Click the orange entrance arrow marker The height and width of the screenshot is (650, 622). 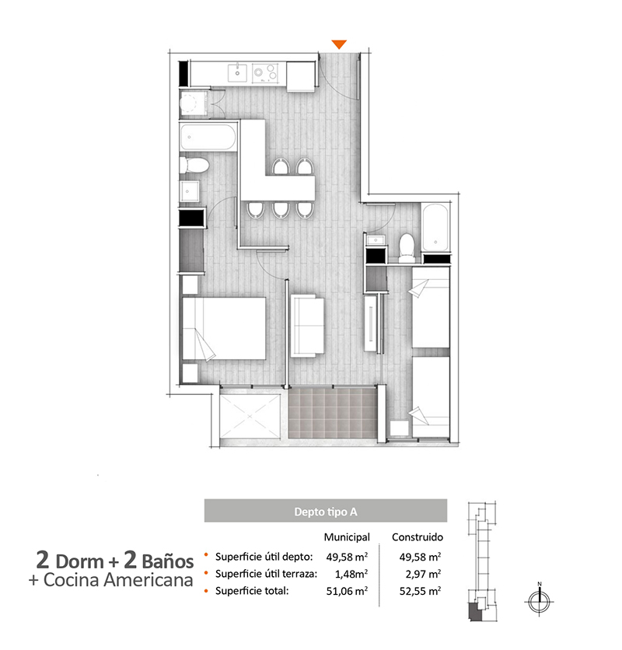point(339,44)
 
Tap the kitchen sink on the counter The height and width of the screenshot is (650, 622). point(237,72)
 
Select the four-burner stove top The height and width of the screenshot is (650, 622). point(265,72)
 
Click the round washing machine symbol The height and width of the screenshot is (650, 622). point(190,103)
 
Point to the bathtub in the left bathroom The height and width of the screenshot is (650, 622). point(208,137)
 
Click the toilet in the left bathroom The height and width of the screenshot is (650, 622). point(194,166)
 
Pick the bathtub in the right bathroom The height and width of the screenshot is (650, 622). point(435,228)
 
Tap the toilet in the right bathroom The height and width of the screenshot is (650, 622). point(407,247)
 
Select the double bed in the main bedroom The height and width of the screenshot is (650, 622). point(224,328)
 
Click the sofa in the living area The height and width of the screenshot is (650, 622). point(307,326)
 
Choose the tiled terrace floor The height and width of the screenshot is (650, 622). point(333,413)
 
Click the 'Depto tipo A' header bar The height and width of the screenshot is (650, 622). point(326,510)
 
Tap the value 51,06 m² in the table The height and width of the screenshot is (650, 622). point(347,591)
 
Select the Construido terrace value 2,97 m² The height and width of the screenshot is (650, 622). point(423,574)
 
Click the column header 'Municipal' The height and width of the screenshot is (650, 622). point(347,537)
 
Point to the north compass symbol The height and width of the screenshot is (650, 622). point(540,601)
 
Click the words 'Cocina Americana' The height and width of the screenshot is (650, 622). point(119,579)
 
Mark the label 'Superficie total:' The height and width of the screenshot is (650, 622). point(252,591)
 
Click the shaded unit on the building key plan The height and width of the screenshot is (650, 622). point(473,612)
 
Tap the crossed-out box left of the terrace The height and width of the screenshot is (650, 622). point(250,416)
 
